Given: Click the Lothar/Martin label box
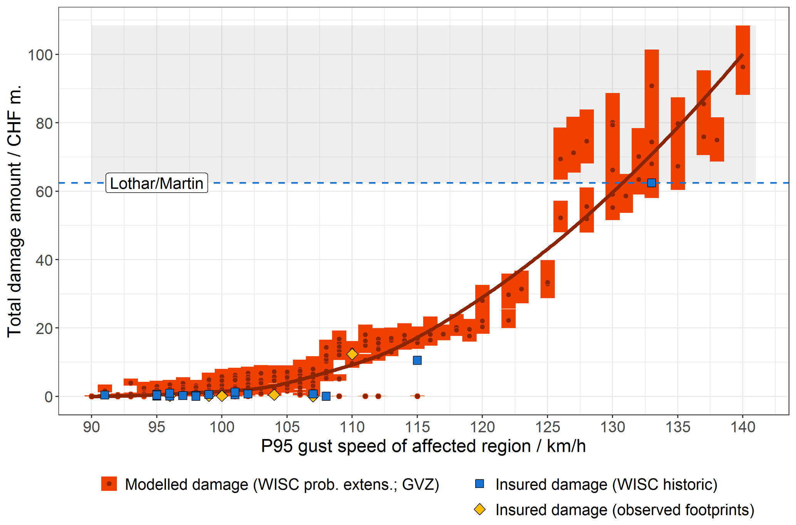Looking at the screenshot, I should click(157, 183).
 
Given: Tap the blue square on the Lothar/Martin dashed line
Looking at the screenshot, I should click(651, 183).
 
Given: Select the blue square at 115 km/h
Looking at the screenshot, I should click(417, 360).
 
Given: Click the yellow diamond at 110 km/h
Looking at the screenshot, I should click(352, 354).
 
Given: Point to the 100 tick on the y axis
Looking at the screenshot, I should click(40, 55).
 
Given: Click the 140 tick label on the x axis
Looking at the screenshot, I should click(742, 427).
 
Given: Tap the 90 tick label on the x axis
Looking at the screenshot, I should click(92, 427).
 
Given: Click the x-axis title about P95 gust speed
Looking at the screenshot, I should click(423, 446).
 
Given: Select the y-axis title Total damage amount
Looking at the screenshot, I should click(15, 211).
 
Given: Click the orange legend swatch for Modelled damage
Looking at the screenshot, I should click(109, 484).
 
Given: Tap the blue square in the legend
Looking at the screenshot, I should click(479, 483).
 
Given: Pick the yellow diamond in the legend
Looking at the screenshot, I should click(479, 509).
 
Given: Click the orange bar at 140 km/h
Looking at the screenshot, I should click(742, 60).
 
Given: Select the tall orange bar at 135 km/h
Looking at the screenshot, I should click(678, 143).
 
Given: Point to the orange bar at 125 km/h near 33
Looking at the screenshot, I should click(547, 279).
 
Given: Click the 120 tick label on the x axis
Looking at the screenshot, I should click(482, 427).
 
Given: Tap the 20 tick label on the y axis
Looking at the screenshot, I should click(44, 328).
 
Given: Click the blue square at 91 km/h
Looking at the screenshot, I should click(105, 395).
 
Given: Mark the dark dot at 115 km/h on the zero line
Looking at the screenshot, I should click(417, 396).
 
